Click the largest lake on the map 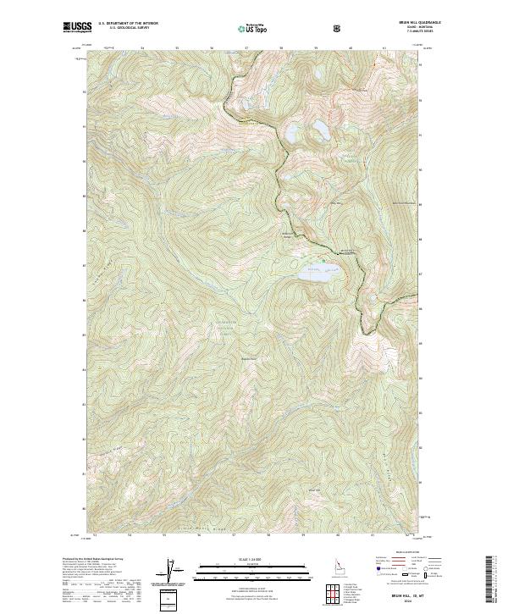tap(318, 274)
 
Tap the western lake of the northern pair tap(292, 134)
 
